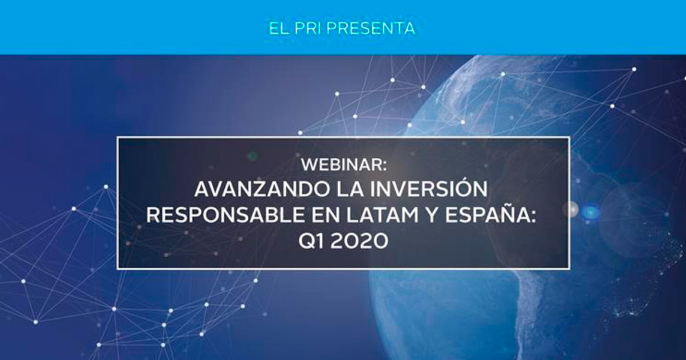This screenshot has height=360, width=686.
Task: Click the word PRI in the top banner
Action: [309, 28]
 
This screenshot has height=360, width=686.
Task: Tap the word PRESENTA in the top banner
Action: [371, 28]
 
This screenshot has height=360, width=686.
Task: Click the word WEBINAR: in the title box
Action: [344, 165]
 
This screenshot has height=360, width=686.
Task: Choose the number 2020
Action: [359, 241]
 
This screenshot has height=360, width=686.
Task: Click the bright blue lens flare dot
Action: [590, 212]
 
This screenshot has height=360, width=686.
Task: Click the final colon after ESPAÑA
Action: [533, 217]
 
